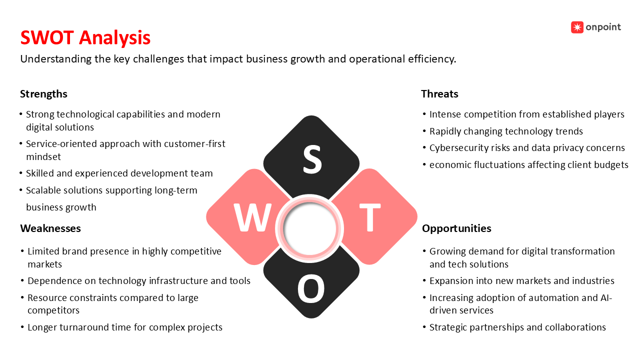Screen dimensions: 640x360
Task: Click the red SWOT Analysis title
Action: click(x=85, y=37)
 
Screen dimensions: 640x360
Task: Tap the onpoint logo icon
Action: click(x=577, y=27)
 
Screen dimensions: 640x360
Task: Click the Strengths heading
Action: click(x=43, y=94)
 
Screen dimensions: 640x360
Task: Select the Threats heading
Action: click(x=439, y=94)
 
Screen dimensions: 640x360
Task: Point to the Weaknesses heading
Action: click(x=50, y=228)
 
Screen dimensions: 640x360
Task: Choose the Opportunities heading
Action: click(x=456, y=228)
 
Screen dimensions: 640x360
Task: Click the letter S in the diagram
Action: click(x=312, y=159)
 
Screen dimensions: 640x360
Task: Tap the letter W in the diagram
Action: click(x=252, y=217)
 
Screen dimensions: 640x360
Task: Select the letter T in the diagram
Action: click(x=370, y=217)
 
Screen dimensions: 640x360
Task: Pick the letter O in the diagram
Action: click(x=311, y=288)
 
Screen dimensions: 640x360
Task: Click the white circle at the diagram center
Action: click(x=309, y=228)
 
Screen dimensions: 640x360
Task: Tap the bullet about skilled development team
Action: click(x=119, y=173)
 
